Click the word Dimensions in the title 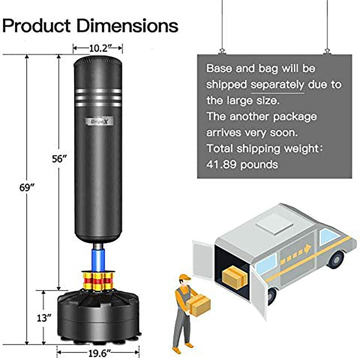coord(128,26)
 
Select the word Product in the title coord(38,26)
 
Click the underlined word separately coord(277,84)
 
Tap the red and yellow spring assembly coord(98,281)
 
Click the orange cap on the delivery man coord(184,278)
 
